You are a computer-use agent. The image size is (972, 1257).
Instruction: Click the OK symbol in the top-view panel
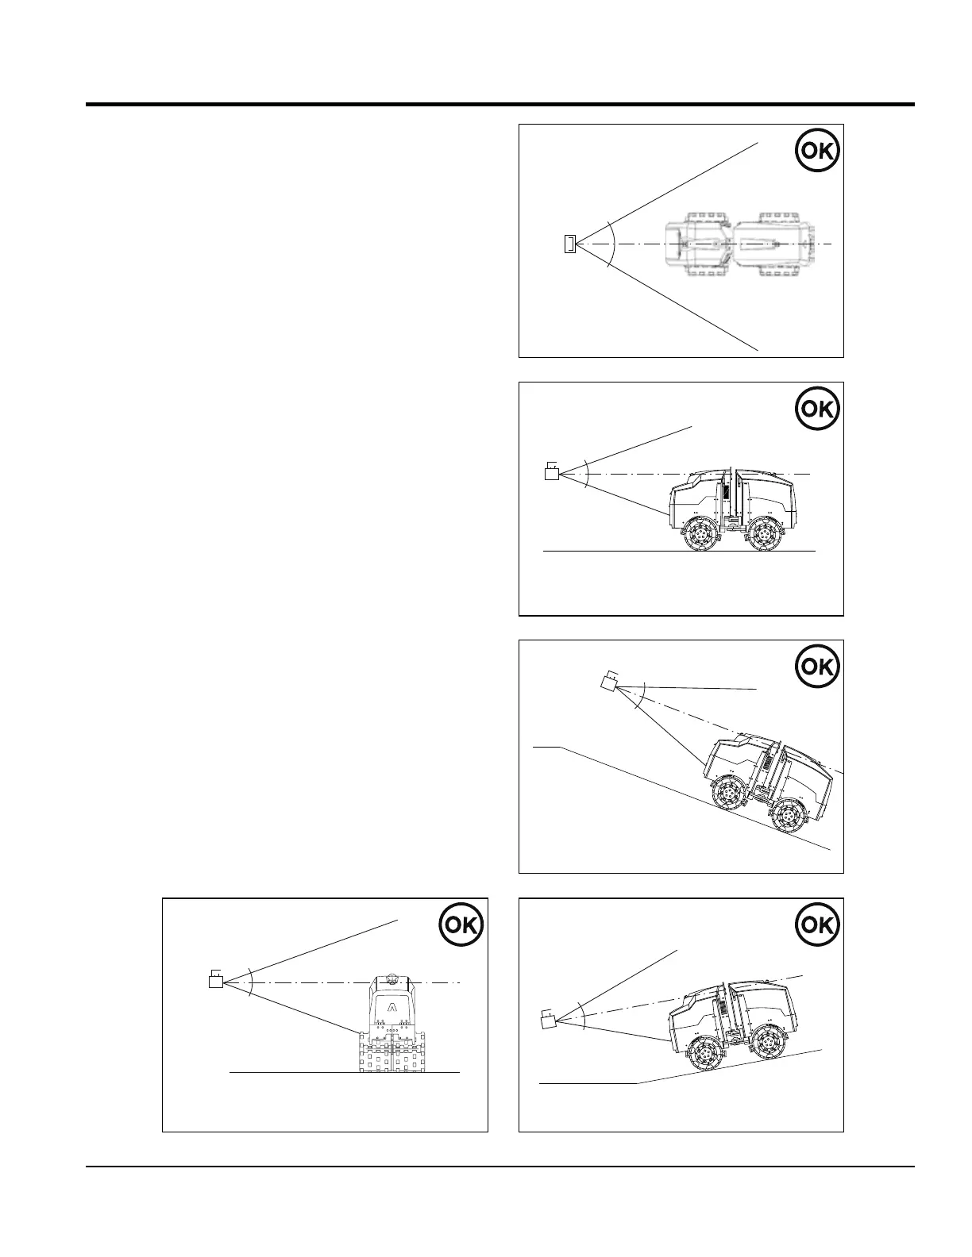pos(816,151)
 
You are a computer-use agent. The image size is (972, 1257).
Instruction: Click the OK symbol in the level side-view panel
pos(816,409)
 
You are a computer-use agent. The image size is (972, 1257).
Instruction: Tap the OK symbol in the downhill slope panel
pos(816,667)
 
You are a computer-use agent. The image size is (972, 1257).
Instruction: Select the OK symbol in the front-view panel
pos(461,924)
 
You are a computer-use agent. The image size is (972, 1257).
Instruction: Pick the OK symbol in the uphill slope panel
pos(816,924)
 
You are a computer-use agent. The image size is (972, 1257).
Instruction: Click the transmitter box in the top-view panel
pos(569,244)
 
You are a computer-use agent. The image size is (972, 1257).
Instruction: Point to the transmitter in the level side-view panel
pos(551,473)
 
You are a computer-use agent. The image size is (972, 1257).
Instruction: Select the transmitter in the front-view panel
pos(216,981)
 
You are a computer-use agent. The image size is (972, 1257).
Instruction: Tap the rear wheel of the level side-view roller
pos(763,534)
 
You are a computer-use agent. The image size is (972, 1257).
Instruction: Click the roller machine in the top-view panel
pos(739,244)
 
